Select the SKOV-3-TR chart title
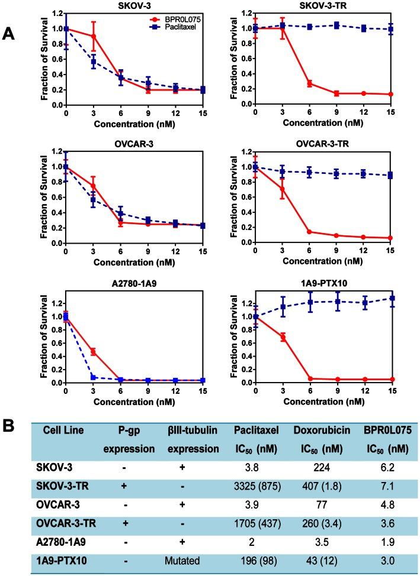point(322,5)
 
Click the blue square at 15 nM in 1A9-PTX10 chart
point(391,298)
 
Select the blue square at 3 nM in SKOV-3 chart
point(92,62)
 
